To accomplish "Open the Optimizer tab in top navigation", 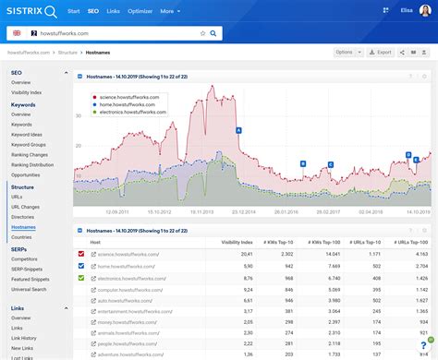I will pyautogui.click(x=140, y=12).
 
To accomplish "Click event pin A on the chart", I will pyautogui.click(x=238, y=130).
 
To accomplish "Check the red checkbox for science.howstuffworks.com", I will pyautogui.click(x=82, y=254).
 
